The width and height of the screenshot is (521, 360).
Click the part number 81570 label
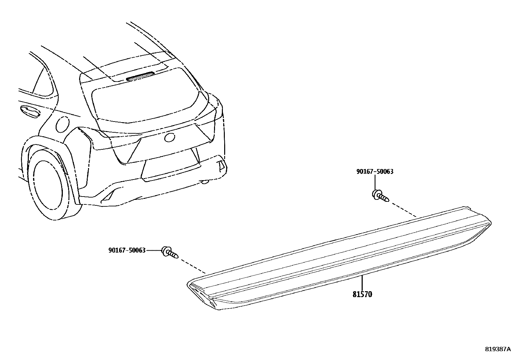pos(362,294)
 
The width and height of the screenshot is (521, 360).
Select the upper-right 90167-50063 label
pos(375,171)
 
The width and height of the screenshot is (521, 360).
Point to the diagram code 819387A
pos(497,349)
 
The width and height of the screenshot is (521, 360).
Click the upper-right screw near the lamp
pos(380,196)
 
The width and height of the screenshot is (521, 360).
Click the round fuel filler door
pos(62,124)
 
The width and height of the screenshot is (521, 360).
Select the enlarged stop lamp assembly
pos(340,259)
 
